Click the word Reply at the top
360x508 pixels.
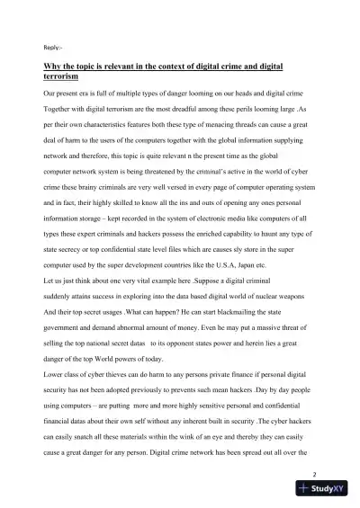pos(53,47)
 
